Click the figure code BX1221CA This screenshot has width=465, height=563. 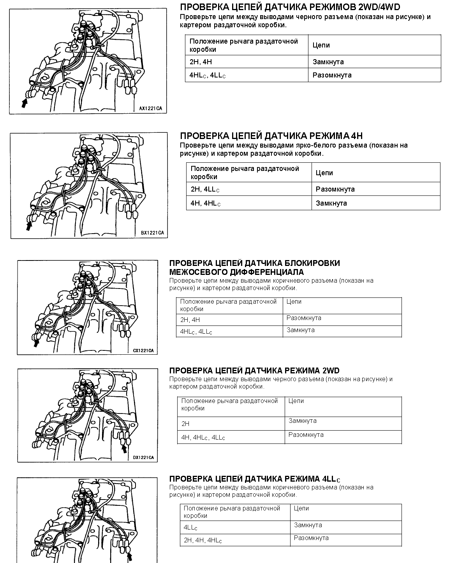tap(152, 233)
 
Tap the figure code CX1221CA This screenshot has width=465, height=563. tap(143, 350)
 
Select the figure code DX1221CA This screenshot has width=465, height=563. tap(143, 457)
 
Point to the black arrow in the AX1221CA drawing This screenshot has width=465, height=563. tap(25, 102)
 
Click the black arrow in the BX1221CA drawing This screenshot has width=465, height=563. tap(28, 225)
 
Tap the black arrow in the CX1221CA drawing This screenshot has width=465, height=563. tap(36, 342)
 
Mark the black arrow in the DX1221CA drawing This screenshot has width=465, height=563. tap(124, 449)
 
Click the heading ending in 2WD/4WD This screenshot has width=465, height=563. tap(290, 7)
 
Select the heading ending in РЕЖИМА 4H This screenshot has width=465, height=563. tap(271, 136)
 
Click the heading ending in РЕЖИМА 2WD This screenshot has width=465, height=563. tap(254, 371)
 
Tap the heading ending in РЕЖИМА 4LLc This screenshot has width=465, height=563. tap(255, 479)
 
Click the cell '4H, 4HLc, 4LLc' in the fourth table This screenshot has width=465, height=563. tap(203, 437)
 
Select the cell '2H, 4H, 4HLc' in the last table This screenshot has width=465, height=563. tap(203, 540)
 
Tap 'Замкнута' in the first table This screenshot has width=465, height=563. tap(328, 62)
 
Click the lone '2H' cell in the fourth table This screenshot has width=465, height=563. tap(185, 424)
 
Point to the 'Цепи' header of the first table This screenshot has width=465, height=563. tap(321, 45)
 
